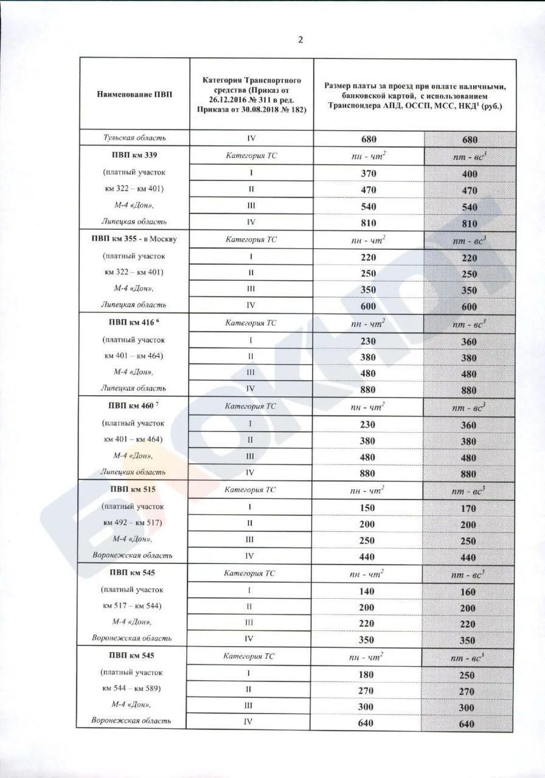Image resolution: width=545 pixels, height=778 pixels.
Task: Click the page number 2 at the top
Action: (300, 40)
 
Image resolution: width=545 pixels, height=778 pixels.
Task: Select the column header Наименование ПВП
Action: (133, 94)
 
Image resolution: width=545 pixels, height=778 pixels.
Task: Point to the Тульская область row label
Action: (133, 139)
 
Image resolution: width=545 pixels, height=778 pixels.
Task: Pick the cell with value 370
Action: (368, 174)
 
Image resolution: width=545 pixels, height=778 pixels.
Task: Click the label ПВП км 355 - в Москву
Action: (134, 239)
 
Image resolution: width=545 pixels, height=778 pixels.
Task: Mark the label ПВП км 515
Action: (132, 489)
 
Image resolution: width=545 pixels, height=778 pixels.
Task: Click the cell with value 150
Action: (368, 508)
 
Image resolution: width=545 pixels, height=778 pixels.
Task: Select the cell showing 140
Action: (368, 591)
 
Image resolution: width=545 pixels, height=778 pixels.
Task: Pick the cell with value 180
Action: (368, 674)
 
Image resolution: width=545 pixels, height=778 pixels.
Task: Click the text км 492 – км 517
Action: (133, 523)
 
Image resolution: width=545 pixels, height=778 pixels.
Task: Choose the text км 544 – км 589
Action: (133, 689)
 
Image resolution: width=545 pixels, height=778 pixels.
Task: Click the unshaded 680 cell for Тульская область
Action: (368, 139)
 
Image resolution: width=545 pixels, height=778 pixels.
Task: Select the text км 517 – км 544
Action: (133, 606)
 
